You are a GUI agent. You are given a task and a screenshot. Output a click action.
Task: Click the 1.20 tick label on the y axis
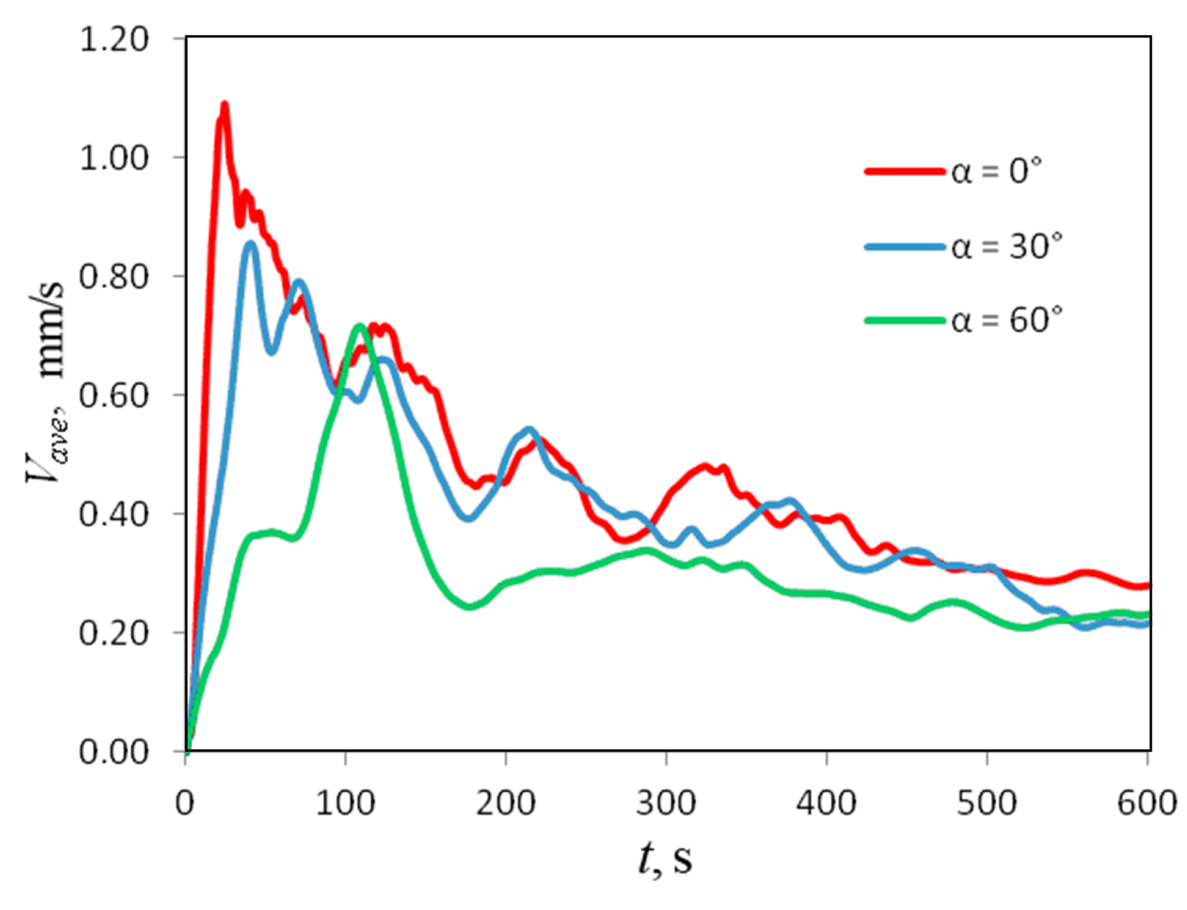pos(114,39)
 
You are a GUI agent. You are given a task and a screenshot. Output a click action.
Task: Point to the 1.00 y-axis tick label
pos(114,158)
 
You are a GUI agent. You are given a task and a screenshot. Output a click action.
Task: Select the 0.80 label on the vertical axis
pos(114,276)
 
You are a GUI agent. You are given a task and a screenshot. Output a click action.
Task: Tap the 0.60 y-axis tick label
pos(114,395)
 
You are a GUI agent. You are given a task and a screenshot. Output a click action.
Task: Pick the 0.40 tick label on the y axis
pos(114,514)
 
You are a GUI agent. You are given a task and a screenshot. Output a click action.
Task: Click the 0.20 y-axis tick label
pos(114,632)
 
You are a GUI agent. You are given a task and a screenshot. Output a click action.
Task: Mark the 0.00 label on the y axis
pos(114,751)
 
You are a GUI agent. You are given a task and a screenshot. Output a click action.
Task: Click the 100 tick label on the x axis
pos(345,803)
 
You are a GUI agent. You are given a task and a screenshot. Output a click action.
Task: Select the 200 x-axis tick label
pos(505,803)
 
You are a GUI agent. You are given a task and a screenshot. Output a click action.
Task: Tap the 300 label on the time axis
pos(666,803)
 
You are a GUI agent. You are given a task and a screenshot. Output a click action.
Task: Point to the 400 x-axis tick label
pos(826,803)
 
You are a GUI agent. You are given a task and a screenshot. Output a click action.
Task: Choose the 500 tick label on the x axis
pos(986,803)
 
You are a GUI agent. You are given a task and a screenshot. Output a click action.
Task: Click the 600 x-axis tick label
pos(1147,803)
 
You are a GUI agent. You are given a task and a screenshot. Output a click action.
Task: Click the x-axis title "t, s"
pos(666,858)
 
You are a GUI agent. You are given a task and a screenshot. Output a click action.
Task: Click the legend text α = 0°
pos(996,171)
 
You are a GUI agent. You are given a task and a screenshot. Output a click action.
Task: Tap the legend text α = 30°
pos(1006,246)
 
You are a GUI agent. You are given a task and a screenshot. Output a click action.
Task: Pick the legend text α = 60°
pos(1006,320)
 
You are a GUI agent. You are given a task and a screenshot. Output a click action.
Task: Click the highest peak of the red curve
pos(224,105)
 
